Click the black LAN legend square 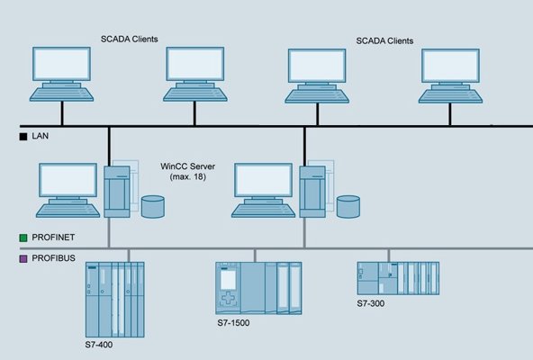click(x=23, y=137)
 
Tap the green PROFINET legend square click(x=23, y=238)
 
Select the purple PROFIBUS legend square click(x=23, y=259)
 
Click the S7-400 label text click(x=99, y=345)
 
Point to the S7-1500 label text click(x=233, y=322)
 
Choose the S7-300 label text click(x=371, y=303)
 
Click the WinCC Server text click(x=187, y=166)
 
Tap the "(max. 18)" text click(x=187, y=176)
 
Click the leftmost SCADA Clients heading click(x=130, y=39)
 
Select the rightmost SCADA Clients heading click(x=384, y=40)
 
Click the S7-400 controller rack click(x=115, y=300)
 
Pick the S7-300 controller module click(x=398, y=278)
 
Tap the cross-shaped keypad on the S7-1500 click(x=228, y=298)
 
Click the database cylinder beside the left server click(x=153, y=207)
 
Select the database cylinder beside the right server click(x=348, y=207)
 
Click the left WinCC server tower click(x=117, y=192)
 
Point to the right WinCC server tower click(x=312, y=192)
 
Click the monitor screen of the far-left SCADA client click(x=61, y=64)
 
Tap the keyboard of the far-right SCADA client click(x=450, y=96)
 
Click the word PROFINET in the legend click(x=53, y=238)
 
